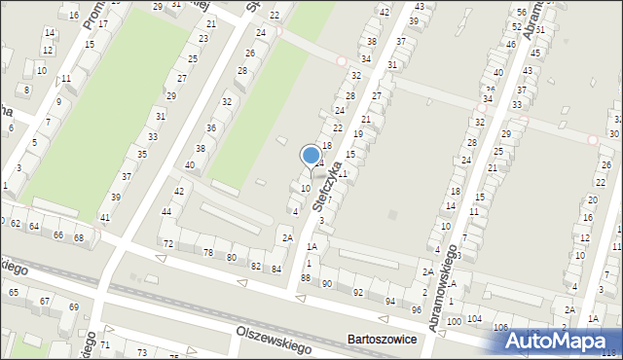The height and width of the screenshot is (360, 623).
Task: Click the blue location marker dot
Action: pyautogui.click(x=311, y=155)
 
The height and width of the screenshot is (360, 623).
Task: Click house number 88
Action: pyautogui.click(x=306, y=278)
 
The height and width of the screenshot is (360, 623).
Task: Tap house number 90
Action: pyautogui.click(x=327, y=284)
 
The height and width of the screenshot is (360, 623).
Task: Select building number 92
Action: pyautogui.click(x=357, y=292)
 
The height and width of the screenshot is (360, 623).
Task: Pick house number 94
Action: pyautogui.click(x=390, y=302)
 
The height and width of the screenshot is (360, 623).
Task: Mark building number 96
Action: pyautogui.click(x=416, y=309)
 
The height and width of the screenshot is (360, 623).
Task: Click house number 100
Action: pyautogui.click(x=454, y=321)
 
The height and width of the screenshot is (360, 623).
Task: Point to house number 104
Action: pyautogui.click(x=474, y=319)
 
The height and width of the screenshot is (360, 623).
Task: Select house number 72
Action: pyautogui.click(x=168, y=243)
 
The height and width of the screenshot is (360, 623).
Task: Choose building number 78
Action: pyautogui.click(x=207, y=252)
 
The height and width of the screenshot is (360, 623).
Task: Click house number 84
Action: pyautogui.click(x=276, y=269)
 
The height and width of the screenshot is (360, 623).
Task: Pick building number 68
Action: pyautogui.click(x=80, y=237)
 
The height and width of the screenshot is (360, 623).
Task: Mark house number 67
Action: pyautogui.click(x=45, y=302)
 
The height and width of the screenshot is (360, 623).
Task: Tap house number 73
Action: pyautogui.click(x=142, y=351)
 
